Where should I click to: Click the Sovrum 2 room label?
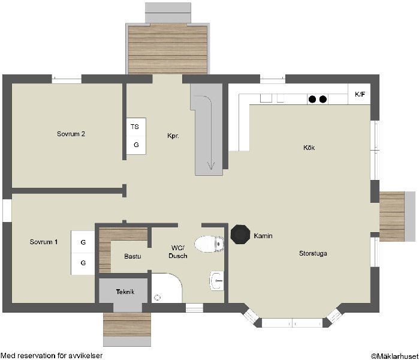tap(71, 134)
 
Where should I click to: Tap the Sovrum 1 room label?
tap(44, 242)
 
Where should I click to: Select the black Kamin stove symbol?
tap(240, 235)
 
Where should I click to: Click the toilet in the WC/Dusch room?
tap(209, 244)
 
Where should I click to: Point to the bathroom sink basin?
tap(217, 281)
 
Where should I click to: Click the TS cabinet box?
tap(136, 127)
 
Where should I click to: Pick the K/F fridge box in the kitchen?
tap(359, 94)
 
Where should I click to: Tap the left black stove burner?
tap(312, 99)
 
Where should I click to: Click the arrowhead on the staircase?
tap(211, 166)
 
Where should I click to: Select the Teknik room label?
tap(125, 292)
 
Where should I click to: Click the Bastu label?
tap(132, 256)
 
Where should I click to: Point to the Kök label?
tap(309, 148)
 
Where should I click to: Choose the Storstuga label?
tap(313, 253)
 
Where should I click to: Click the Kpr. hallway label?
tap(173, 136)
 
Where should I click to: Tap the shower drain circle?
tap(158, 297)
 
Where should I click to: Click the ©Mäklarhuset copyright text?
tap(394, 356)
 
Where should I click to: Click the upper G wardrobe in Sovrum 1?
tap(83, 242)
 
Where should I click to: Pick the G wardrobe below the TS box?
tap(136, 145)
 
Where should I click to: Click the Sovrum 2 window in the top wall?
tap(67, 79)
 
